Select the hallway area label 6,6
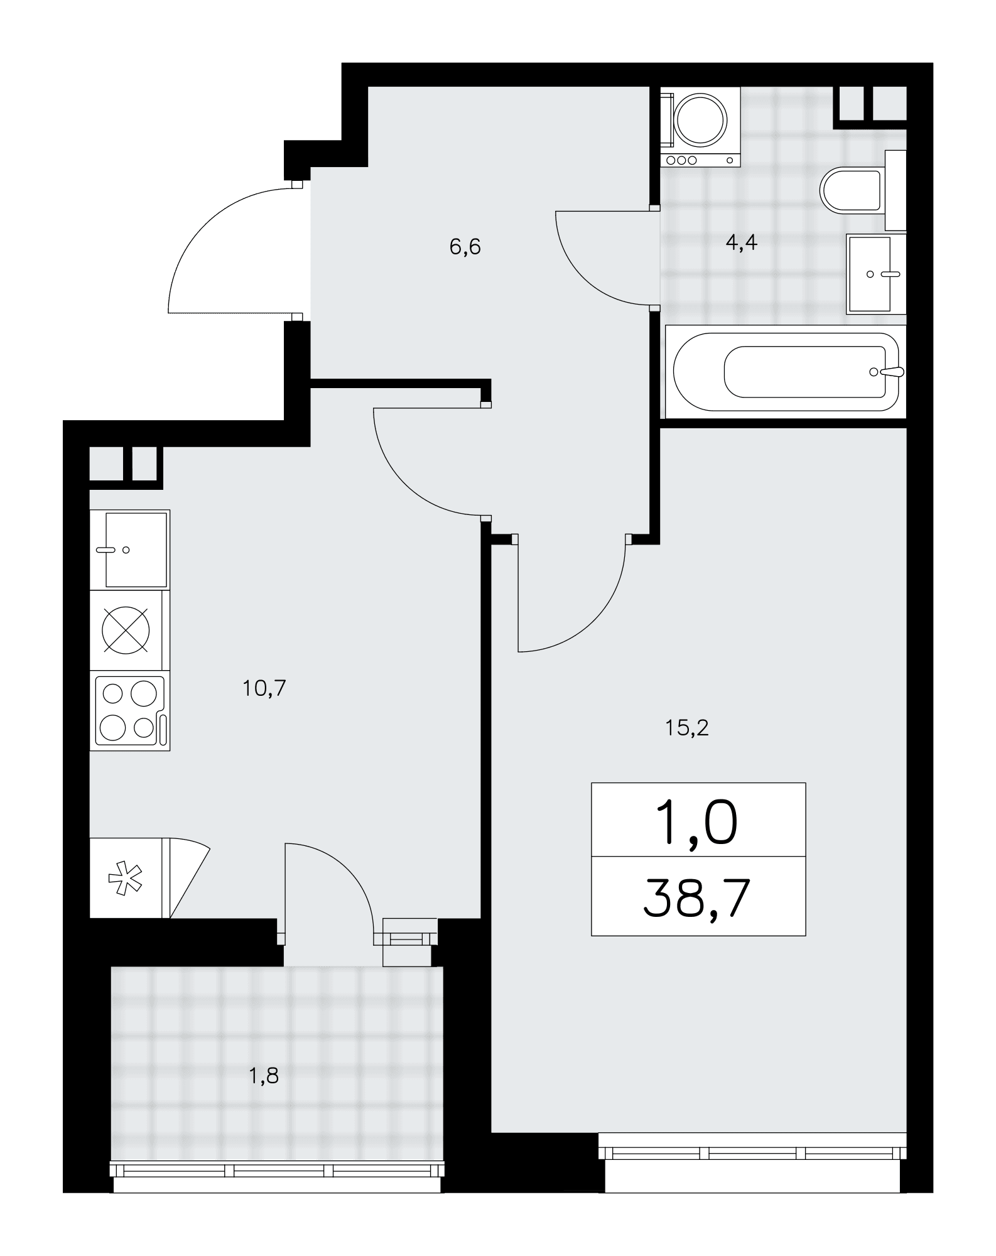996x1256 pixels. [465, 247]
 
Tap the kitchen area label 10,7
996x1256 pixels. [264, 689]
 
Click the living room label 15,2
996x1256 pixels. [686, 728]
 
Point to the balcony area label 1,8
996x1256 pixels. [264, 1076]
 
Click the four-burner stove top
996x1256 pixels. [130, 710]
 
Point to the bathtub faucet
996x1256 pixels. [888, 371]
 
